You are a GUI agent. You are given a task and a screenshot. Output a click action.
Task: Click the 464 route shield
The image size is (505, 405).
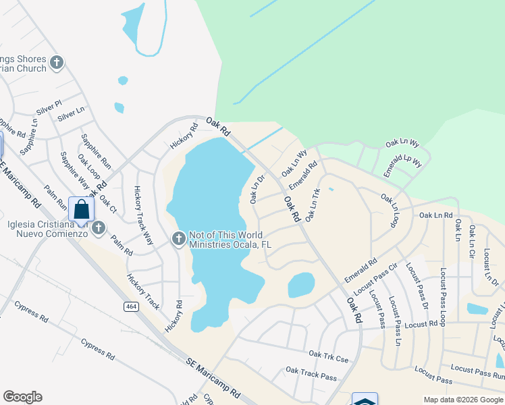click(x=131, y=306)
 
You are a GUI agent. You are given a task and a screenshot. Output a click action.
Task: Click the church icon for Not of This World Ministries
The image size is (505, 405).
click(x=179, y=238)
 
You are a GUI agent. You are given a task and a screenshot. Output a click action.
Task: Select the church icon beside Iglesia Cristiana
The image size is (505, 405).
click(x=99, y=227)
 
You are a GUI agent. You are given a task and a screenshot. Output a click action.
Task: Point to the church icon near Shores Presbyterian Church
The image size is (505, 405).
click(x=57, y=63)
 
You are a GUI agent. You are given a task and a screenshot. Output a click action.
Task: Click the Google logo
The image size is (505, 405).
click(x=22, y=397)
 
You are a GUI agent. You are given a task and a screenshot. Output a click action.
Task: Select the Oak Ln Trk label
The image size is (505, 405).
click(x=312, y=205)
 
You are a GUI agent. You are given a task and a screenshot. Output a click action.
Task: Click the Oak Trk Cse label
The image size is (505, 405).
click(x=328, y=356)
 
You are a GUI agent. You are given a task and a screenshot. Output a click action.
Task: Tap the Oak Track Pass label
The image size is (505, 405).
click(x=311, y=373)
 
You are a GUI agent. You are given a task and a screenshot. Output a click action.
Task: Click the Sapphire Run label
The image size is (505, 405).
click(x=96, y=151)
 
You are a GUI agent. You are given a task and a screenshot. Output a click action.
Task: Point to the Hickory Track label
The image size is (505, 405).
click(x=142, y=292)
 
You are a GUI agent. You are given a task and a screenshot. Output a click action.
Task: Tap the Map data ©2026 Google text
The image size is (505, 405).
click(x=462, y=400)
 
